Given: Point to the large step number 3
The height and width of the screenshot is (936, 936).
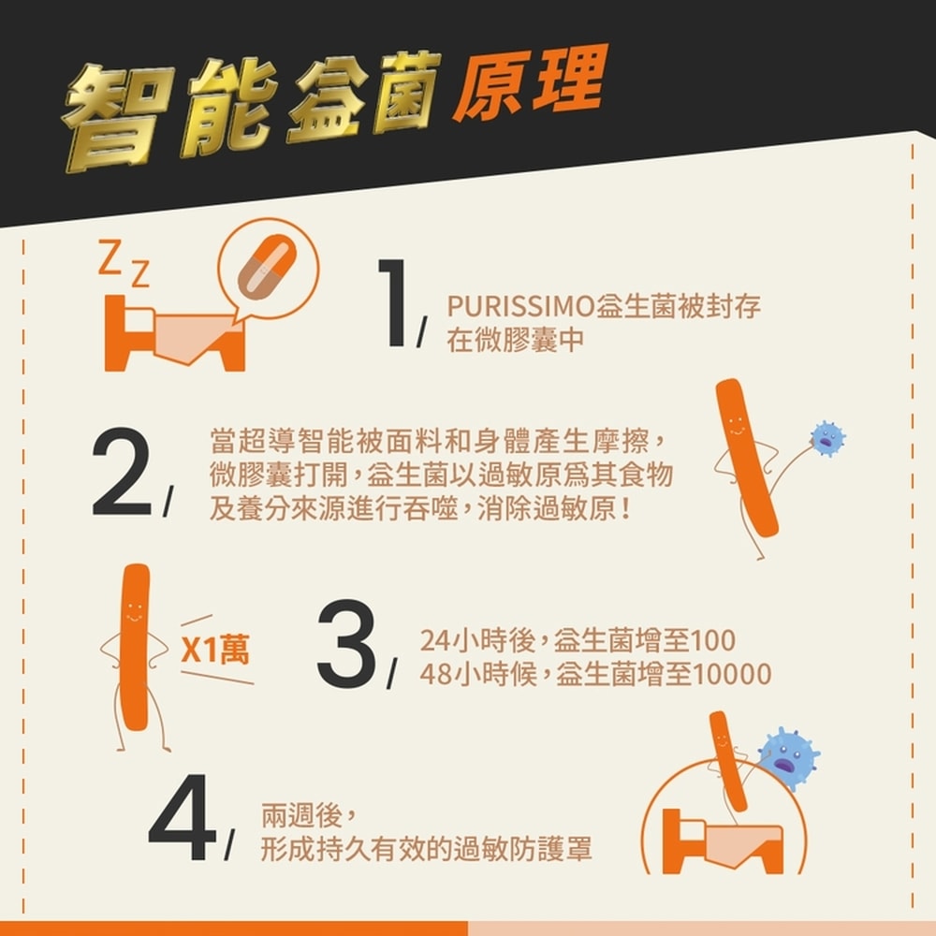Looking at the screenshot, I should click(346, 646).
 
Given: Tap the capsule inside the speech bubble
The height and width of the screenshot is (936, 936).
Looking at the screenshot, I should click(269, 267).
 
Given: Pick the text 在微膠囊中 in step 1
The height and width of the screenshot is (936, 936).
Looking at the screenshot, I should click(515, 342).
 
